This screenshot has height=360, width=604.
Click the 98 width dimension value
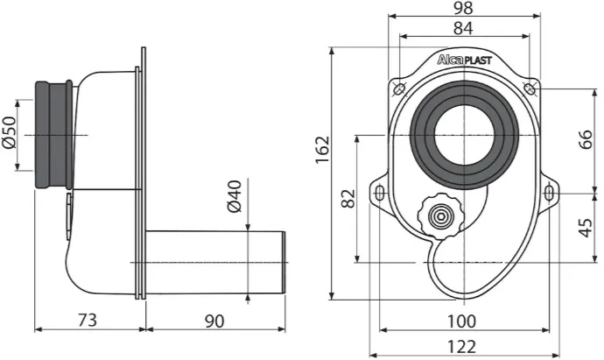463,8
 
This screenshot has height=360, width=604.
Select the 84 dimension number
463,28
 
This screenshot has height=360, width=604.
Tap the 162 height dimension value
322,150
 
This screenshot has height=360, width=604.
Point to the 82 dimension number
348,199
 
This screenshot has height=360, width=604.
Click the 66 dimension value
585,140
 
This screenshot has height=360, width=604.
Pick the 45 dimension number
585,228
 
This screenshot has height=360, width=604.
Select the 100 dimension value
461,321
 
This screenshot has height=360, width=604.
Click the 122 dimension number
461,347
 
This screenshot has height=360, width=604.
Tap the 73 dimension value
88,321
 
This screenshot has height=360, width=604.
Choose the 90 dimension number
214,321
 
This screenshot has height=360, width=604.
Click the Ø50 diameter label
10,132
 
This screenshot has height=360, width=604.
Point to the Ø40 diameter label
235,196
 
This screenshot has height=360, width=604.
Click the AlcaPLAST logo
464,60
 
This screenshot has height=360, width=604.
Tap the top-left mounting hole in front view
399,88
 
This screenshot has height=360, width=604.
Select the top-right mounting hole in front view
530,88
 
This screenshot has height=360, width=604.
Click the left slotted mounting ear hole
379,193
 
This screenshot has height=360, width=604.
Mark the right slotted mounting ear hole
549,193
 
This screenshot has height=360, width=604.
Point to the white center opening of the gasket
464,135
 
